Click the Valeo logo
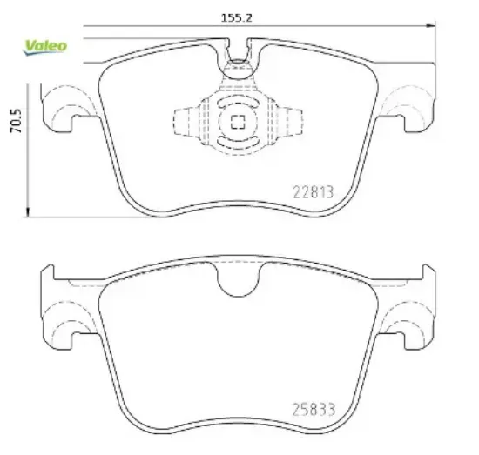pos(45,48)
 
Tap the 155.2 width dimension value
pos(236,18)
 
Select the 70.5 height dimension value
pos(17,121)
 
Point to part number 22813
pos(314,192)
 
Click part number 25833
pos(314,410)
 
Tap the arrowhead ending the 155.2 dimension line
pos(431,26)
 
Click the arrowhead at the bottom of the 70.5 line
pos(28,212)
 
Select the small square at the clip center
pos(238,122)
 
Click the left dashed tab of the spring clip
pos(186,122)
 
